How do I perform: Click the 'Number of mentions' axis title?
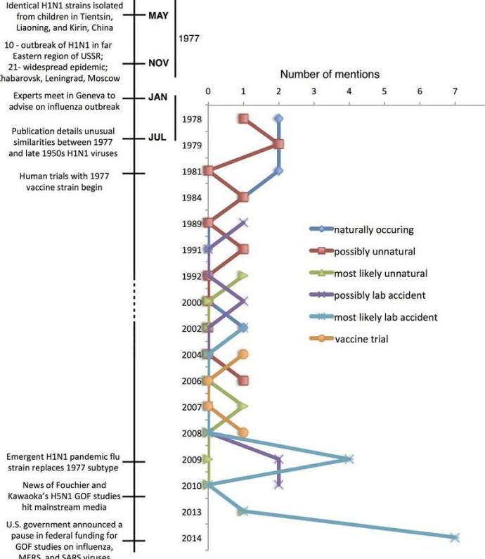tap(330, 74)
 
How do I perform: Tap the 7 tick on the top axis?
tap(455, 91)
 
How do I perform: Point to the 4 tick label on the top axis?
tap(349, 91)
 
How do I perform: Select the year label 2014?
tap(192, 539)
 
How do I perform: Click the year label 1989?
tap(192, 224)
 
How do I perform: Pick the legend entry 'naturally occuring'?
tap(364, 229)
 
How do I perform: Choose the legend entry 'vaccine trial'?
tap(361, 339)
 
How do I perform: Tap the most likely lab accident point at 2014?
tap(455, 537)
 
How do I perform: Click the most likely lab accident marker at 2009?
tap(349, 459)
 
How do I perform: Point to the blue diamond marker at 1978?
tap(279, 119)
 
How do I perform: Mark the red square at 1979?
tap(278, 144)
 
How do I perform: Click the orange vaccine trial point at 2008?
tap(243, 432)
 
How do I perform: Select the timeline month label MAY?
tap(158, 15)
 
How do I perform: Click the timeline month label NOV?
tap(158, 63)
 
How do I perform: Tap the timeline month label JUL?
tap(158, 136)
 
